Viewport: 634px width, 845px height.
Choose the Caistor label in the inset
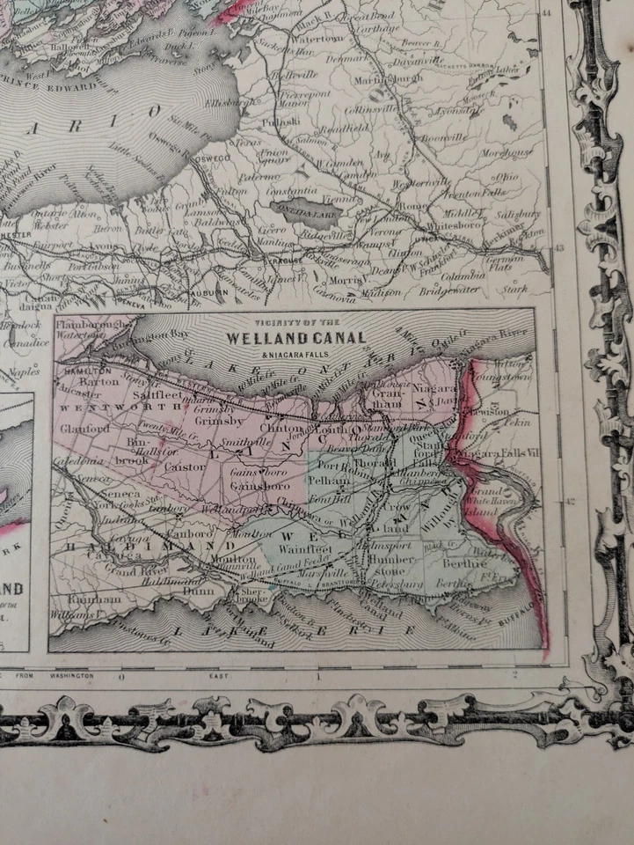click(x=185, y=467)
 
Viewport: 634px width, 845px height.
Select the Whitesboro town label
click(x=451, y=225)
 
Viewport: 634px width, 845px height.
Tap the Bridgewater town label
click(x=450, y=288)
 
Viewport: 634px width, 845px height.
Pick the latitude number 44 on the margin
click(x=547, y=12)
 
